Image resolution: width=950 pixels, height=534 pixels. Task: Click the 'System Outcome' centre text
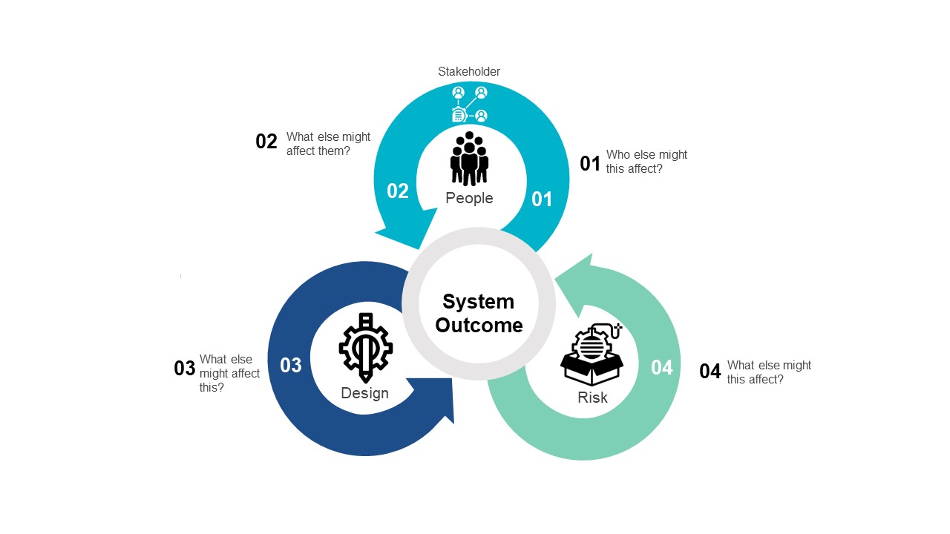[479, 313]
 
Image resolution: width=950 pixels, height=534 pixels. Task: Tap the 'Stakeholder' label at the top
[469, 72]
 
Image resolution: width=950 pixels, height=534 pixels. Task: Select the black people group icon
[469, 159]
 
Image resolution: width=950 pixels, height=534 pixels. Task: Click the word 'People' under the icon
[469, 198]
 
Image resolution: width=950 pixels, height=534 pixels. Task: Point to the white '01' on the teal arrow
[542, 199]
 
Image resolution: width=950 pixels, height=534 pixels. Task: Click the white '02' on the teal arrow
[398, 191]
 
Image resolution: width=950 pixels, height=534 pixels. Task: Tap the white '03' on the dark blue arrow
[291, 365]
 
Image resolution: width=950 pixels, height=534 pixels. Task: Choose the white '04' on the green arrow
[661, 367]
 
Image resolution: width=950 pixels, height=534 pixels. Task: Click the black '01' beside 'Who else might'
[590, 163]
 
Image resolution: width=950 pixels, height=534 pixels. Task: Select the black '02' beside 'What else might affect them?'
[266, 142]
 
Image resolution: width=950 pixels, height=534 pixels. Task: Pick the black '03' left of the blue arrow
[185, 369]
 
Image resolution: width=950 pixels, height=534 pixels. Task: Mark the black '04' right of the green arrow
[710, 372]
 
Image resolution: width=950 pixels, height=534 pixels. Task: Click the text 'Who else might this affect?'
[646, 162]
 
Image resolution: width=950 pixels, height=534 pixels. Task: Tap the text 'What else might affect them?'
[328, 144]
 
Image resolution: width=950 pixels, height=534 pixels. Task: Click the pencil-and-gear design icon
[365, 346]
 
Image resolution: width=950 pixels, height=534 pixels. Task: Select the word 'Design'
[364, 393]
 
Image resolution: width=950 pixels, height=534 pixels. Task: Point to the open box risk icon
[592, 355]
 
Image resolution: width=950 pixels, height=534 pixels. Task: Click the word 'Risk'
[592, 398]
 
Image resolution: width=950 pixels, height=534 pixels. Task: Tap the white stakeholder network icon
[470, 104]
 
